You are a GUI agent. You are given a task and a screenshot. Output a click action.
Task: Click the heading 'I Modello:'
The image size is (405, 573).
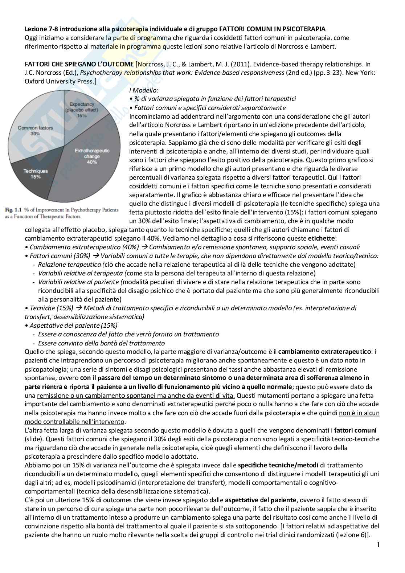click(144, 90)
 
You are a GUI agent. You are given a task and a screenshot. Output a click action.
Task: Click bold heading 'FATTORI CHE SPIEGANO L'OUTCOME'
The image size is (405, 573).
click(79, 64)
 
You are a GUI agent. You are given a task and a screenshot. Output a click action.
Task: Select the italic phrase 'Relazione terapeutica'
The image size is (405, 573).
click(69, 265)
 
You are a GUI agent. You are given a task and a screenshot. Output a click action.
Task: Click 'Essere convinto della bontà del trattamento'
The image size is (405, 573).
click(101, 343)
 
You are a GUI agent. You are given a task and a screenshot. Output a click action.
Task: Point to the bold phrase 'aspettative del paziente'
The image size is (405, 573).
click(261, 500)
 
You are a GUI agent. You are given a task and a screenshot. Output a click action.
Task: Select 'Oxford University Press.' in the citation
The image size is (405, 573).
click(60, 81)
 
